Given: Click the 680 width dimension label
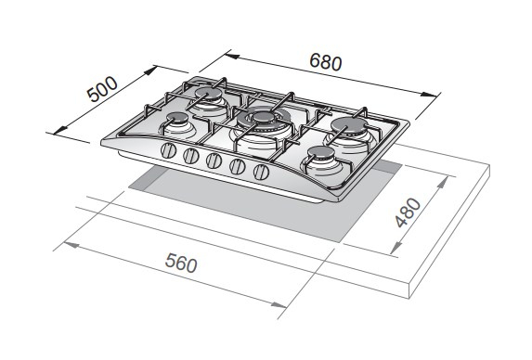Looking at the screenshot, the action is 326,62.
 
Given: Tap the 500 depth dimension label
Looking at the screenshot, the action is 102,89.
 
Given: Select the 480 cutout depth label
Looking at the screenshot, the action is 409,212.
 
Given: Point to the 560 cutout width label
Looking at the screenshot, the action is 181,263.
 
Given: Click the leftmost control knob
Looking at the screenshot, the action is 168,150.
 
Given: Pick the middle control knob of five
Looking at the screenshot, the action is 214,161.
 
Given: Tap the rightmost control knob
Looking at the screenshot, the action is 261,172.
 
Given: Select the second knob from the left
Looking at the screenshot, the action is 190,156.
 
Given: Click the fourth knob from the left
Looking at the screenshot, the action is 238,166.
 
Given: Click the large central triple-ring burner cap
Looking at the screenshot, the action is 264,118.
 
